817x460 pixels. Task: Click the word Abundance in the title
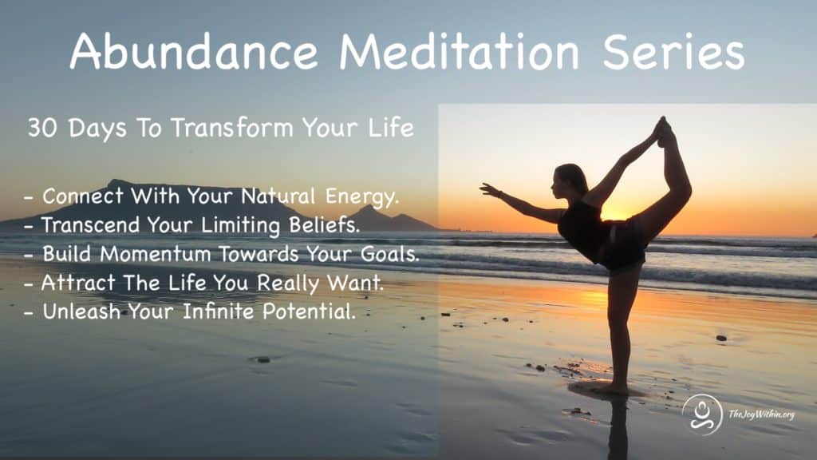[194, 51]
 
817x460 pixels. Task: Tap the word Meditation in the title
[459, 51]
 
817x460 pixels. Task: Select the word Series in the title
[673, 51]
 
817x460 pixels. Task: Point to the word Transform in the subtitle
[232, 128]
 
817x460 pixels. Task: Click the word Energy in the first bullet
[362, 197]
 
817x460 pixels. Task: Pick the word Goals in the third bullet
[390, 254]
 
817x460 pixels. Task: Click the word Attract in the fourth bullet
[78, 283]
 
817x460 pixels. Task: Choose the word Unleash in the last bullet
[81, 311]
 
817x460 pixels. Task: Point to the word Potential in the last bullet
[309, 311]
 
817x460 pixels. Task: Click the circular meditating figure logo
[702, 414]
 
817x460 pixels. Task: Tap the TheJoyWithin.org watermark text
[761, 414]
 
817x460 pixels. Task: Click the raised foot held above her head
[664, 131]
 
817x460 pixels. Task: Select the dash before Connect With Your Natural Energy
[30, 198]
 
